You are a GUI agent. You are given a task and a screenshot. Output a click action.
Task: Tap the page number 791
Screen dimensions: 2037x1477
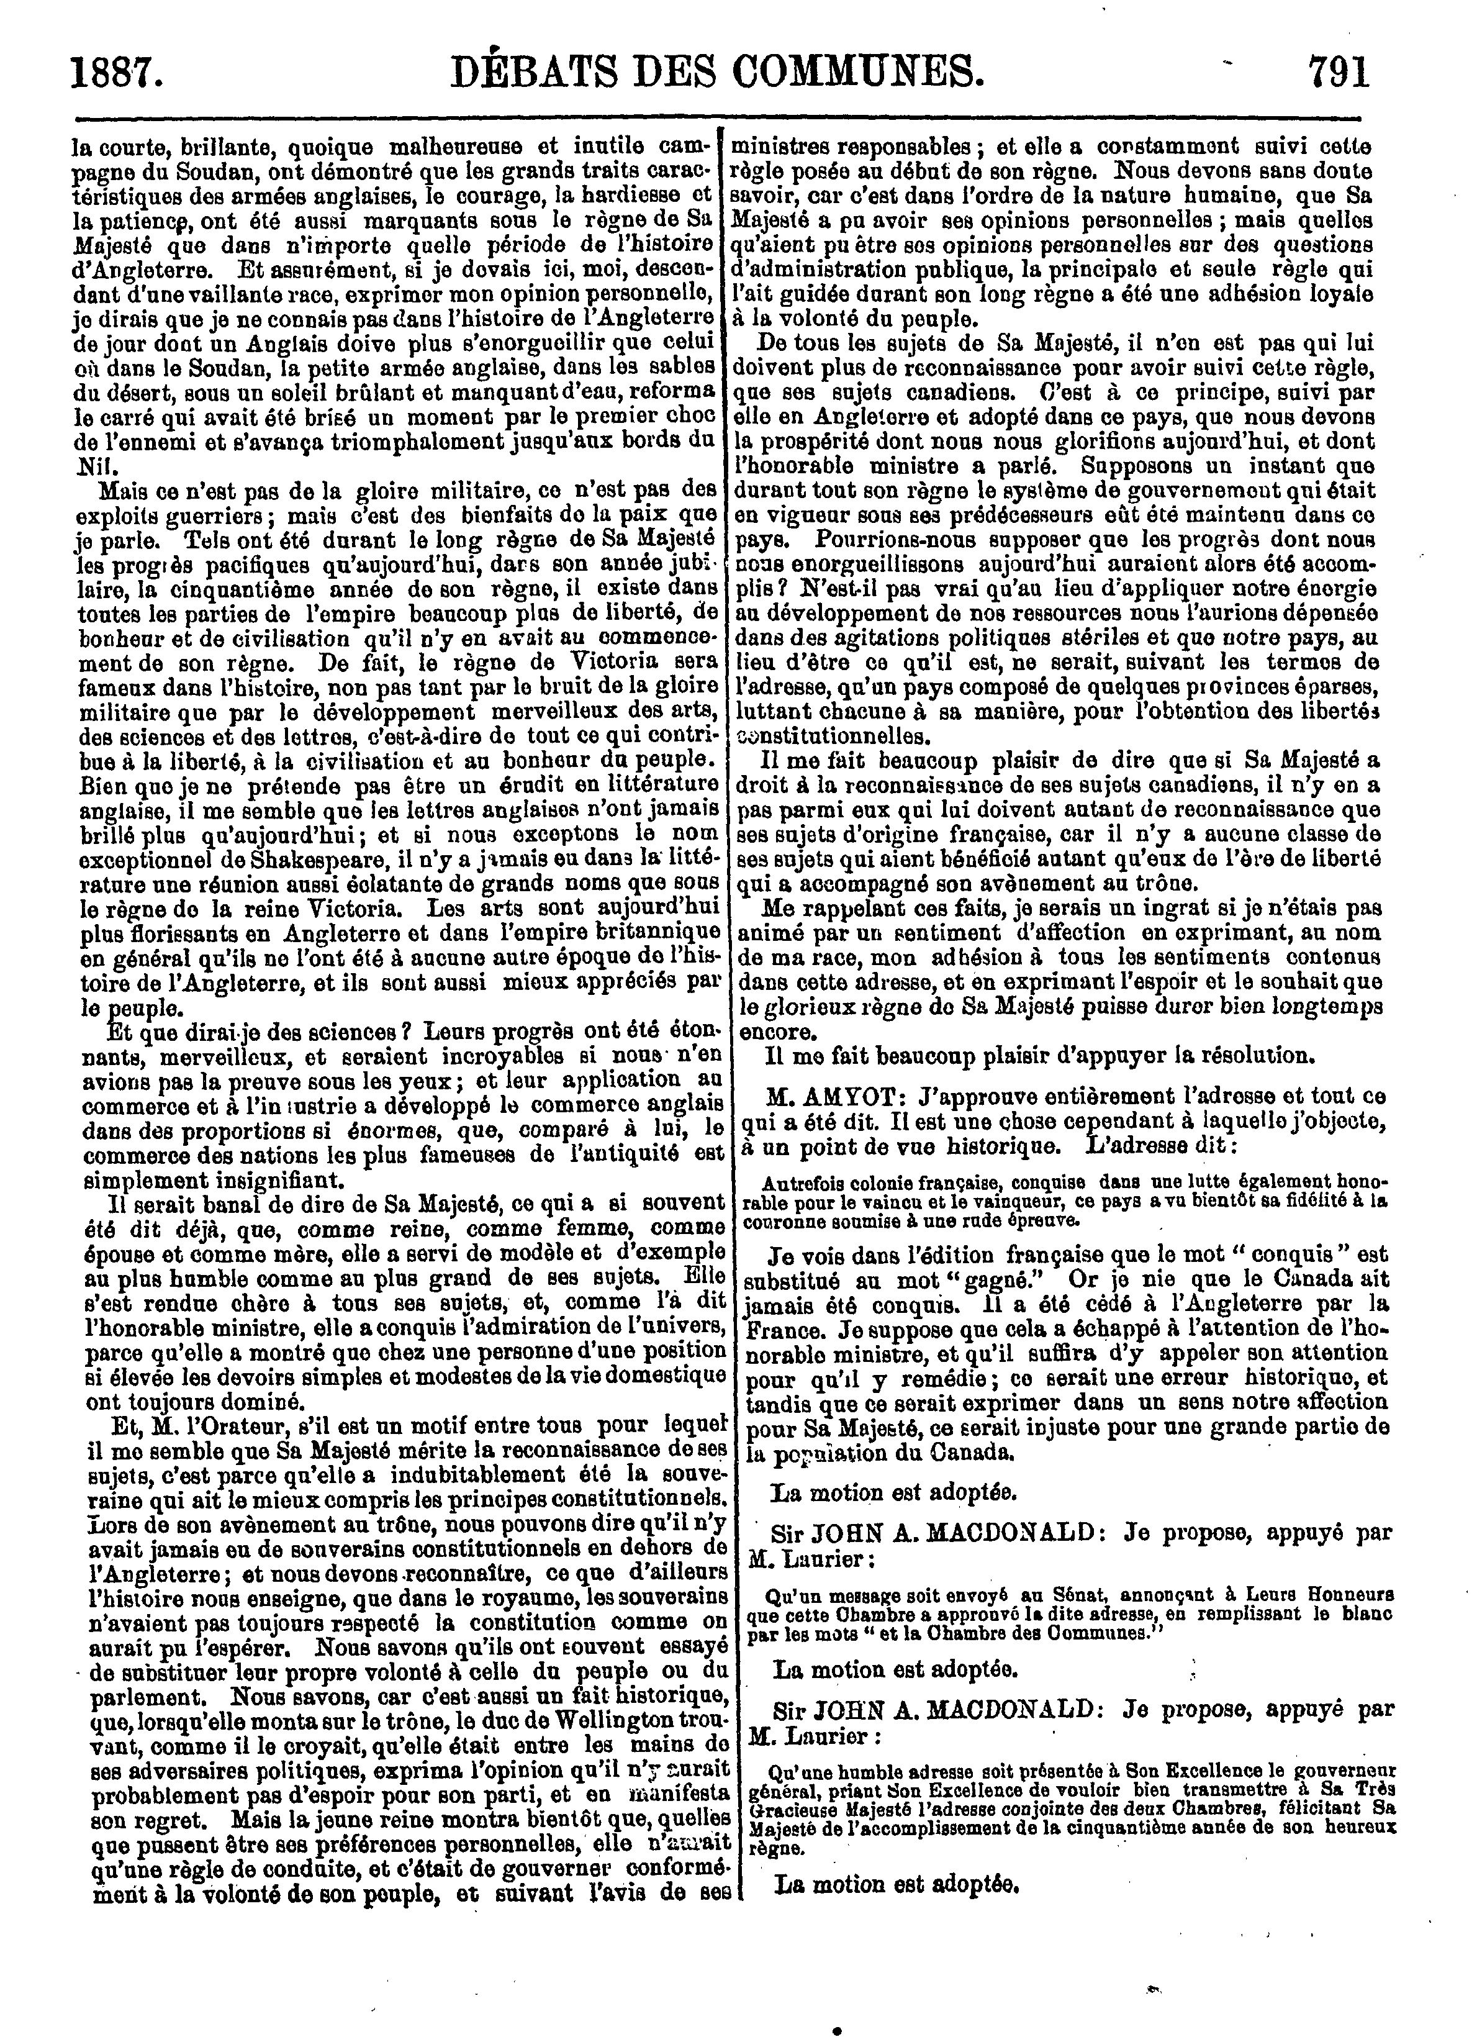(1340, 72)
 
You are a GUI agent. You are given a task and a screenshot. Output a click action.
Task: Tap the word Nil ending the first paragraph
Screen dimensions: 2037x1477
(86, 467)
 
